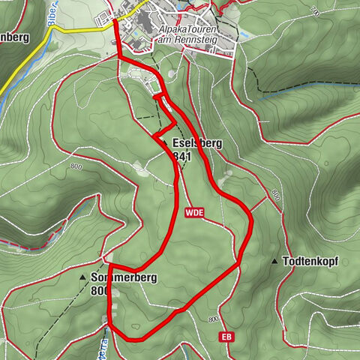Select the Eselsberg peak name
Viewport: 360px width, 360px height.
[196, 142]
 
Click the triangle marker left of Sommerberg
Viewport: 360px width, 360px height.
[82, 277]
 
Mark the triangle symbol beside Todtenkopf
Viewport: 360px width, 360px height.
[275, 262]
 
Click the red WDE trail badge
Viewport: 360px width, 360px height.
[191, 213]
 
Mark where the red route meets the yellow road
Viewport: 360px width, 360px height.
[116, 25]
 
